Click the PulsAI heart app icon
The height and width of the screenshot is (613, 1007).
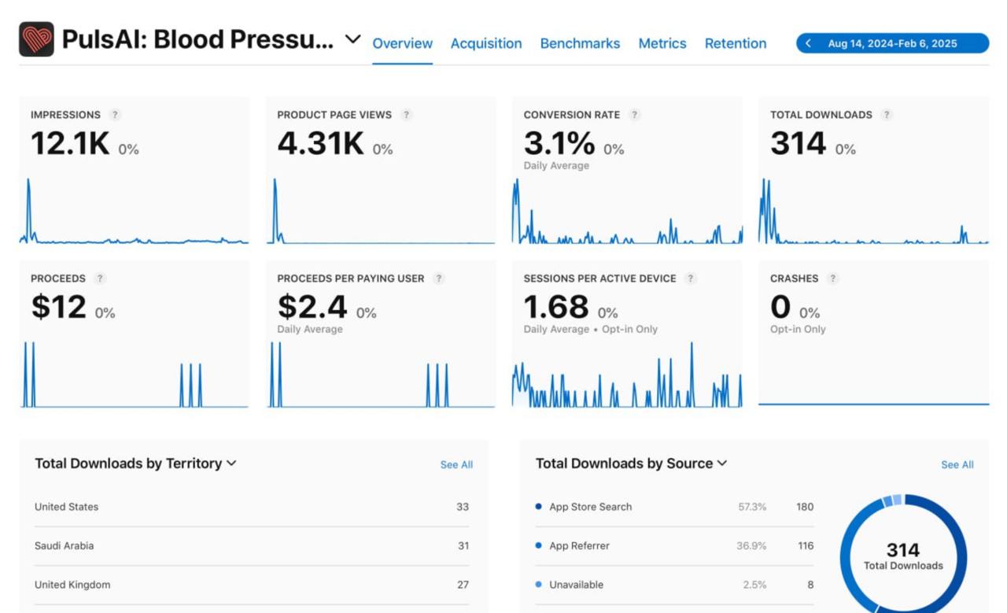click(36, 39)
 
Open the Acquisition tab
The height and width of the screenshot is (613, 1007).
click(485, 43)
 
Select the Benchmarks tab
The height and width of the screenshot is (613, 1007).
click(580, 43)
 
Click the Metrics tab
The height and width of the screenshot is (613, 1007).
click(662, 43)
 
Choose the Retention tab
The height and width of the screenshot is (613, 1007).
click(735, 43)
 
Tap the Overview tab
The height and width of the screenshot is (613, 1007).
click(402, 43)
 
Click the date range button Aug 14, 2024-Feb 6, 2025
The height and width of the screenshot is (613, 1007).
click(892, 43)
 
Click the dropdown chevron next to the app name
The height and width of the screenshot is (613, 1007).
click(353, 39)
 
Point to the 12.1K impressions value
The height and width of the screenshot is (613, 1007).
click(70, 144)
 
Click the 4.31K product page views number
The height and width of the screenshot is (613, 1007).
click(320, 144)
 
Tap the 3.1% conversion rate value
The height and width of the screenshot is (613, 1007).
click(559, 144)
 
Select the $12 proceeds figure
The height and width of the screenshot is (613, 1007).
click(58, 308)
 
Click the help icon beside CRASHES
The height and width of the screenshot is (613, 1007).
click(832, 279)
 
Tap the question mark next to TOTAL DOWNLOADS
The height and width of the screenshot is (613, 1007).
click(887, 115)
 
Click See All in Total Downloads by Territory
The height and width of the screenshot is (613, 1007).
click(456, 465)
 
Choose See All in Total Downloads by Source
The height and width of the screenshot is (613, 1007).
click(957, 465)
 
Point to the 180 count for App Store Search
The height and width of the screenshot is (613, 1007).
click(804, 507)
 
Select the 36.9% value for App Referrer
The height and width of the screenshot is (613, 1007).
click(751, 546)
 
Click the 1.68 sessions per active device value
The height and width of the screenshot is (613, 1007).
click(555, 308)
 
